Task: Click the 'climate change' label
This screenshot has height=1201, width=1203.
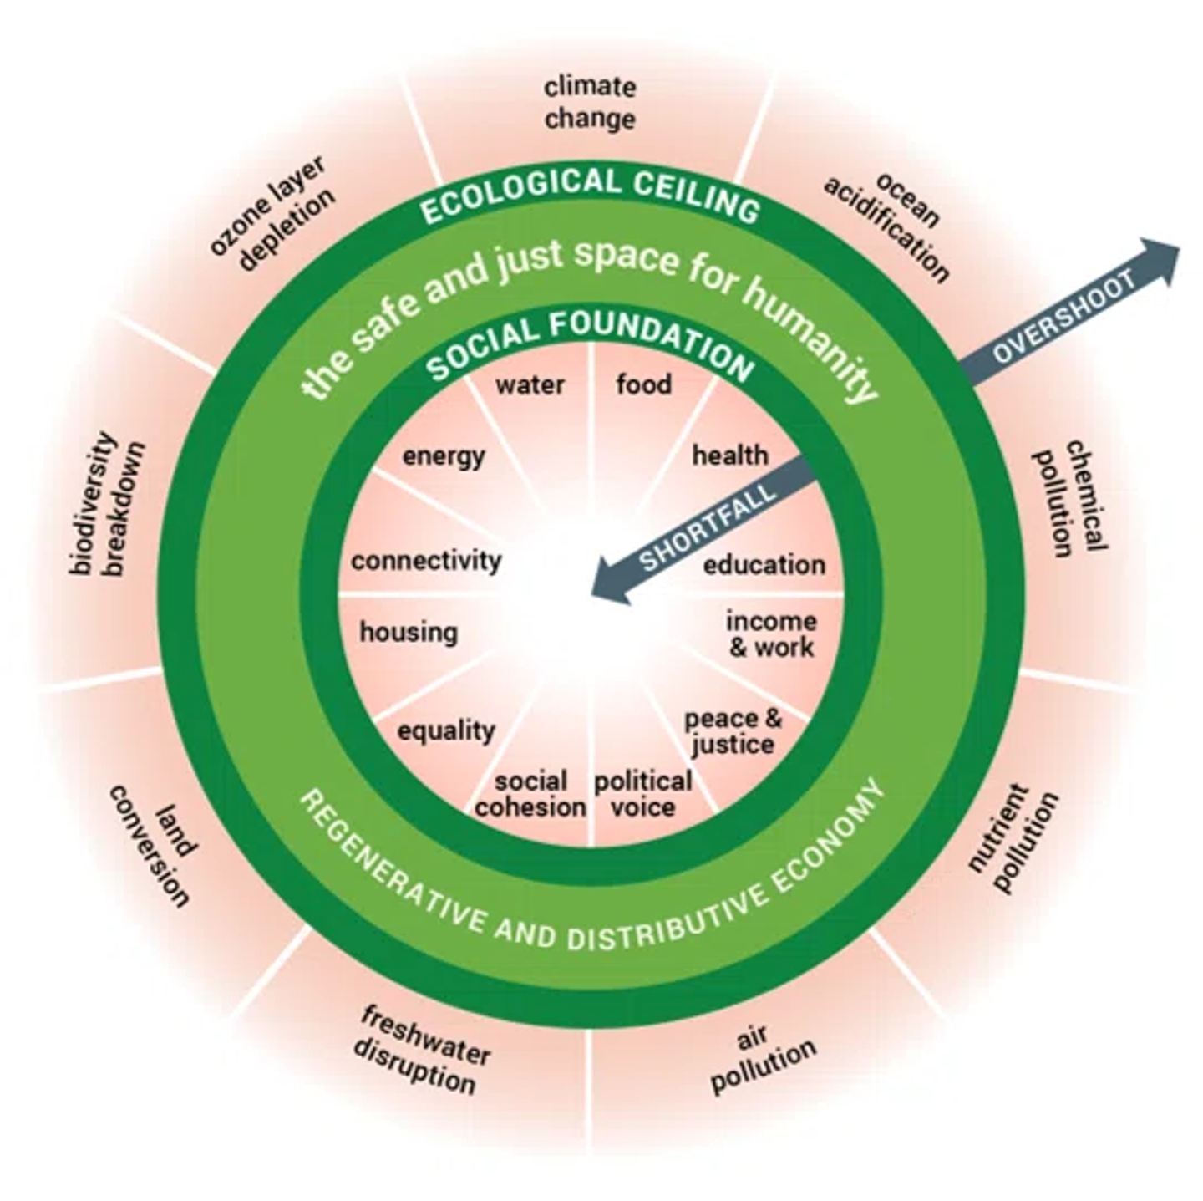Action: point(590,103)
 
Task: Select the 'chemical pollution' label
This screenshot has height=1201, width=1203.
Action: point(1070,500)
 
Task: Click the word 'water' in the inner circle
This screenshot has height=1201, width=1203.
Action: point(530,385)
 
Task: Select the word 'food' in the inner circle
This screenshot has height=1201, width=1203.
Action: point(643,384)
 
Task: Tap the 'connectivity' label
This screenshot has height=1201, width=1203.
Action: point(426,560)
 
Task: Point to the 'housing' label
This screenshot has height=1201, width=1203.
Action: point(409,632)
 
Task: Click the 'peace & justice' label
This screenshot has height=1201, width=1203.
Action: point(733,731)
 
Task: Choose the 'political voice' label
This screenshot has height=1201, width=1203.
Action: point(642,794)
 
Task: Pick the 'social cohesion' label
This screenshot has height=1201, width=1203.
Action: point(530,794)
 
